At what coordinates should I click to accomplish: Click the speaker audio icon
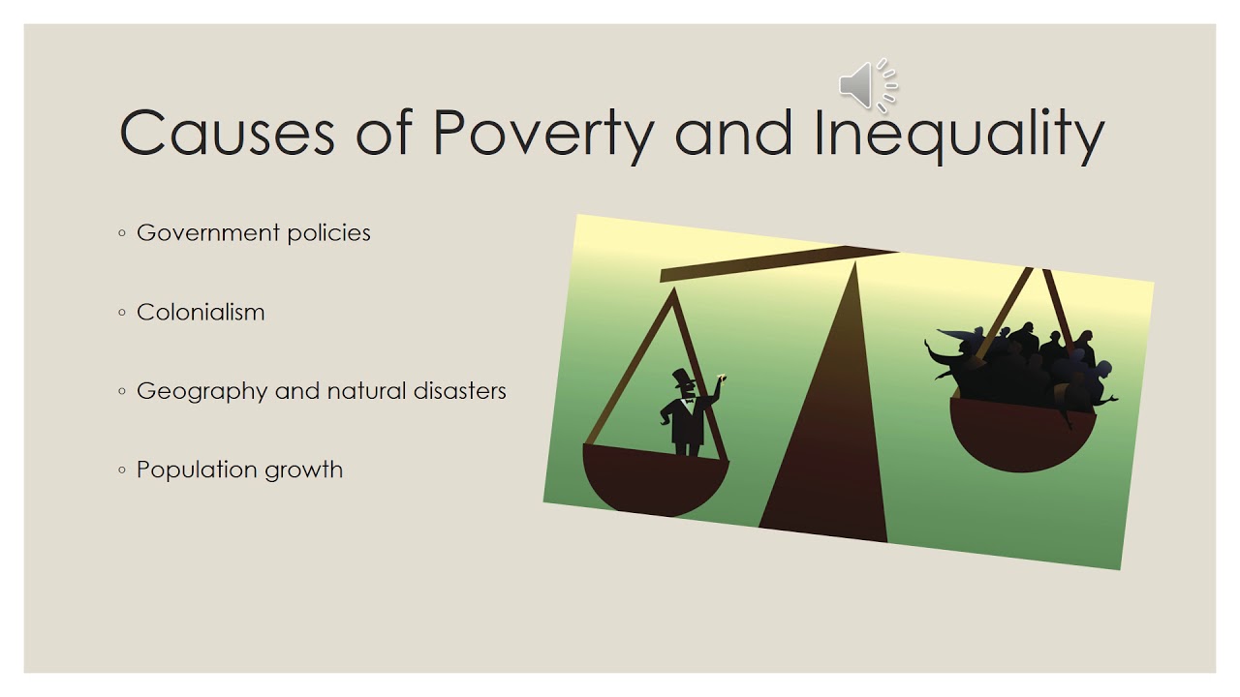tap(867, 85)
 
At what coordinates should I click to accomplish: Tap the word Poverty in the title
tap(542, 135)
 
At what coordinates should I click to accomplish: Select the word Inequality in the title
tap(959, 135)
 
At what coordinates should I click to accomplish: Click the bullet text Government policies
tap(253, 233)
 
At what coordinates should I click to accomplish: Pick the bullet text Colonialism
tap(201, 313)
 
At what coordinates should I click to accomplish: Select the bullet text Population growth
tap(239, 470)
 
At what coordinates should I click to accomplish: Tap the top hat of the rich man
tap(683, 377)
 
